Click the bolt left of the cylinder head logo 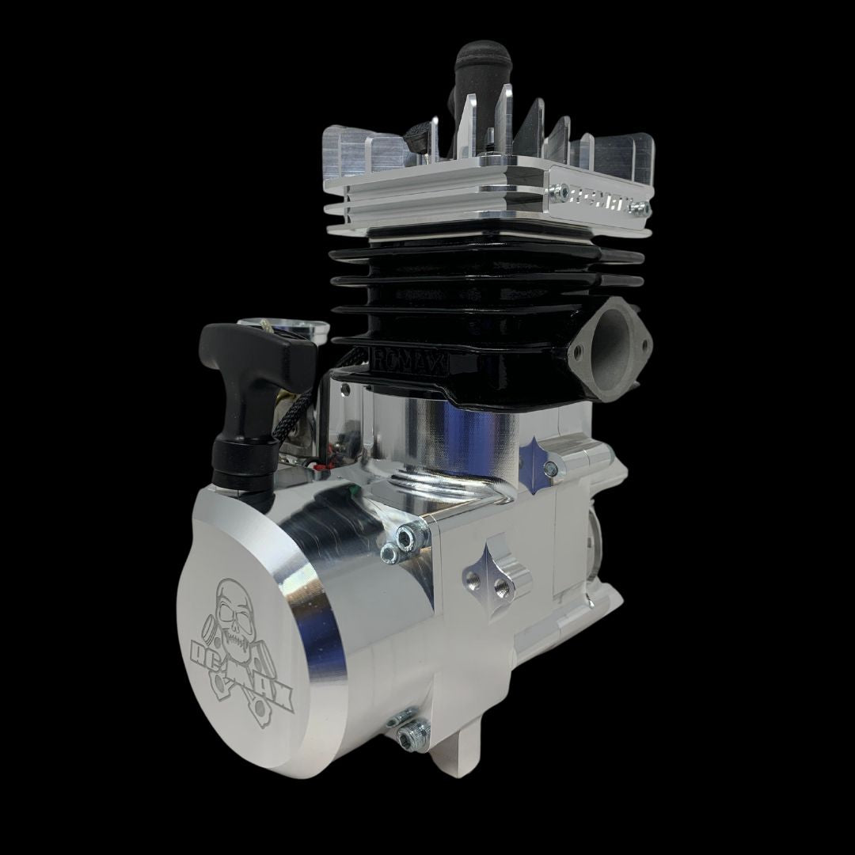tap(560, 191)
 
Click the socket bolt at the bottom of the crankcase tap(409, 739)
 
